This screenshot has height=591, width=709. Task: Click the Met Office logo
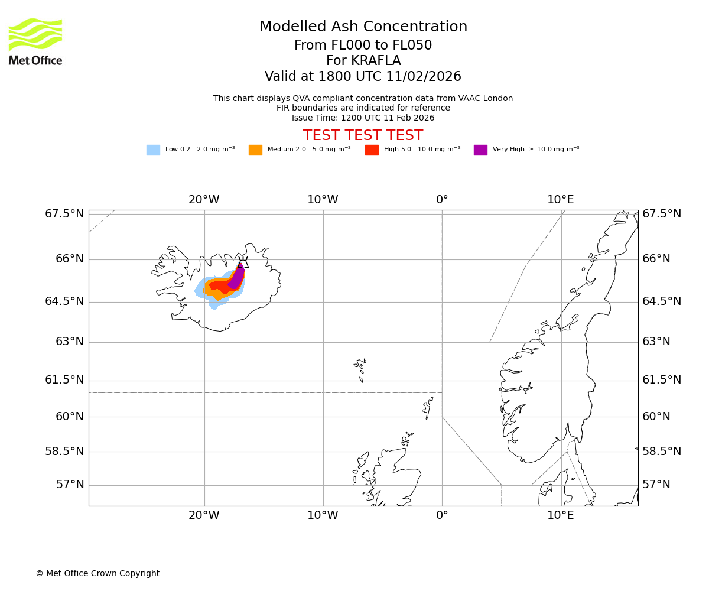click(35, 41)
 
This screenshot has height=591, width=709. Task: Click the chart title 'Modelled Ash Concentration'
click(363, 27)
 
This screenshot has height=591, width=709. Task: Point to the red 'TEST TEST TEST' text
click(363, 135)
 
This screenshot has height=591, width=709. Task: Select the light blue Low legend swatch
click(153, 150)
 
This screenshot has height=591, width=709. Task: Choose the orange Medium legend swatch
click(255, 150)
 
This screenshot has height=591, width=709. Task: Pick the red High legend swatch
click(372, 150)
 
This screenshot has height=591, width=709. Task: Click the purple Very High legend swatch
click(480, 150)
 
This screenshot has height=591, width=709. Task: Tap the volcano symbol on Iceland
click(243, 263)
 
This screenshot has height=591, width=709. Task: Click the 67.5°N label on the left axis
click(64, 214)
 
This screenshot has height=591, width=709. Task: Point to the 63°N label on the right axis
click(656, 342)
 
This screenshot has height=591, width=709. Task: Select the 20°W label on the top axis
click(204, 200)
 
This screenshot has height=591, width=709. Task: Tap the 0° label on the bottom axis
click(442, 515)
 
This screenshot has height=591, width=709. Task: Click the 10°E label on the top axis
click(560, 200)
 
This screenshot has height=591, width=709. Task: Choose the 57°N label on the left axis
click(70, 485)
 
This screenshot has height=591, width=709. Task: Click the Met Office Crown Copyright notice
click(97, 574)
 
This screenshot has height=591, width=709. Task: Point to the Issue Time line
click(363, 118)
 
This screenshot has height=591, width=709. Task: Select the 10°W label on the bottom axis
click(323, 515)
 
